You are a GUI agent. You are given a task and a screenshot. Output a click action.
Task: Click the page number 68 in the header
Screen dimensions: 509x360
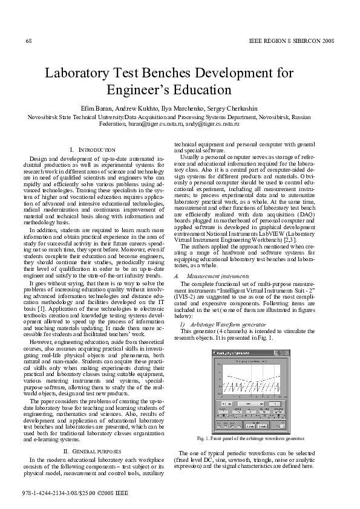pyautogui.click(x=28, y=41)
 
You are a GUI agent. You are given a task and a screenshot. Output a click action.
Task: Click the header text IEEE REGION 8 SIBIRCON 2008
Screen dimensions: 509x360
pyautogui.click(x=292, y=41)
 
